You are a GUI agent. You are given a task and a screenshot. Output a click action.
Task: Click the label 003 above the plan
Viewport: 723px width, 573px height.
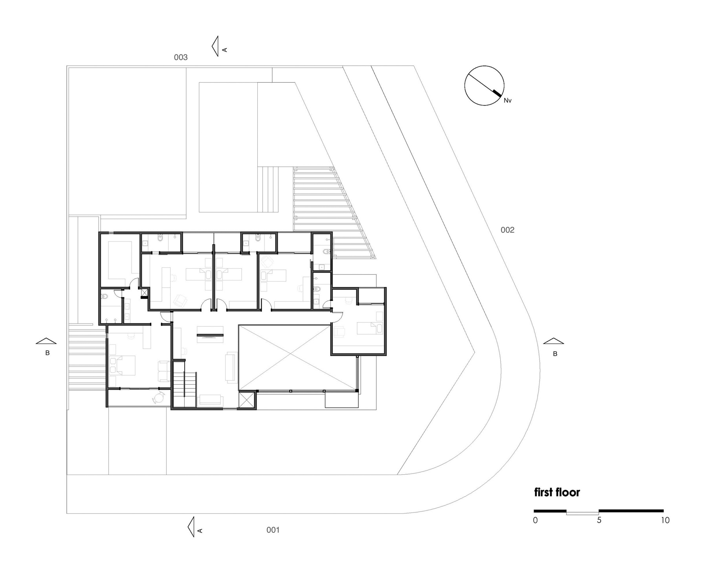click(181, 57)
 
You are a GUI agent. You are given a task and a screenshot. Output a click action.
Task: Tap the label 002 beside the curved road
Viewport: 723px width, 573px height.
click(507, 230)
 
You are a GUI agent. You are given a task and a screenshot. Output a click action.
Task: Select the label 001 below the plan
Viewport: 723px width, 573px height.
click(273, 530)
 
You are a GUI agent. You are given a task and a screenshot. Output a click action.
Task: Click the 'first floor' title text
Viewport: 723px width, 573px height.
click(557, 492)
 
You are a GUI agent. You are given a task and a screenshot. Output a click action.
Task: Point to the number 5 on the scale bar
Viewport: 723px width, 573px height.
click(599, 520)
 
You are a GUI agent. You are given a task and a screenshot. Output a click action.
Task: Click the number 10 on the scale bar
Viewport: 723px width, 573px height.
click(665, 520)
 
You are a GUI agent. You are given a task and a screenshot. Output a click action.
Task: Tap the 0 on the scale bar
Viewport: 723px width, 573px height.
click(535, 520)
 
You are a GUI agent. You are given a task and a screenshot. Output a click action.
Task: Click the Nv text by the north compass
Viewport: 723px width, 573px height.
click(508, 101)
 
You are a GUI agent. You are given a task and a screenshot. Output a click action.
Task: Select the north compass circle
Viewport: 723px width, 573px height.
click(484, 85)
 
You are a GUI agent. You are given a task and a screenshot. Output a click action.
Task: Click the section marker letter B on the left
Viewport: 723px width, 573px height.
click(48, 353)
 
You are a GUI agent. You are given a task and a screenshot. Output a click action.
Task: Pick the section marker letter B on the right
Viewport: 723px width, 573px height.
click(555, 354)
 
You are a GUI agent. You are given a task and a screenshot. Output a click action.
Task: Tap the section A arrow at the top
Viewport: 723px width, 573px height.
click(215, 46)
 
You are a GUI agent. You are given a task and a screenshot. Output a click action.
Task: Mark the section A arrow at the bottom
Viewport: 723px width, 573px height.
click(192, 527)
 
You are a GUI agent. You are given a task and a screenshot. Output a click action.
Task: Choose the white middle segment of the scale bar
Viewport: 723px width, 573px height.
click(582, 513)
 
